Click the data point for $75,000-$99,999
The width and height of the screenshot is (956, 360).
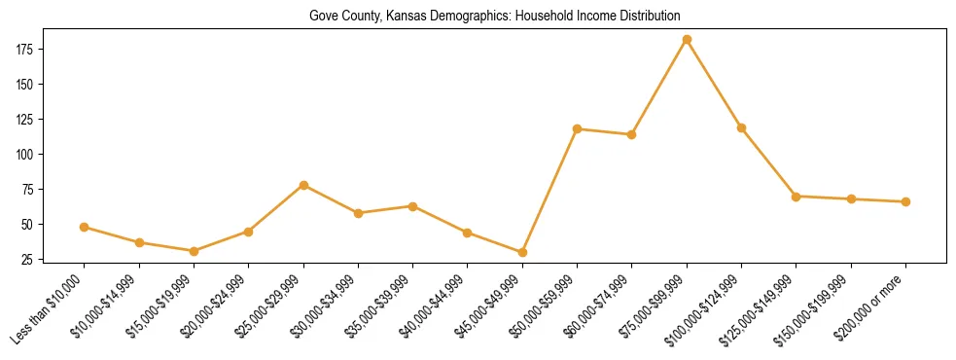(x=687, y=40)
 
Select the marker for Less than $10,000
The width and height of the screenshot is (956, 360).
(x=85, y=227)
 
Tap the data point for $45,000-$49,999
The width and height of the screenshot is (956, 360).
(x=522, y=252)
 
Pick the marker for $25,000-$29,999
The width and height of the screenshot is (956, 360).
(x=303, y=185)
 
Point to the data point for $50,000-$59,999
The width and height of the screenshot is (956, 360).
(x=578, y=128)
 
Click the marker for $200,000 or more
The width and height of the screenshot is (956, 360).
(x=905, y=201)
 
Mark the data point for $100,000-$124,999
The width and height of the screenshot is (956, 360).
(x=741, y=127)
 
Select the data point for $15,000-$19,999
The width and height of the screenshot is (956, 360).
(x=194, y=251)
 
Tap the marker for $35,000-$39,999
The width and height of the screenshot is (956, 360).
(x=413, y=206)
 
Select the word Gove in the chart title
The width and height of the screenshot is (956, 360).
(x=324, y=17)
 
